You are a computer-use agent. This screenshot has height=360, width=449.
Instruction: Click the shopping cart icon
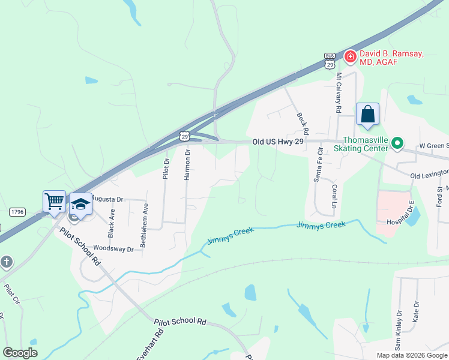pos(54,202)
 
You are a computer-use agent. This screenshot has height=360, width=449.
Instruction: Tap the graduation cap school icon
pos(80,203)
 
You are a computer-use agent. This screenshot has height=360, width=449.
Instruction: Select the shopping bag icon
pos(367,114)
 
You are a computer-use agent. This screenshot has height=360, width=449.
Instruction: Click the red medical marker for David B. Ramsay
pos(349,56)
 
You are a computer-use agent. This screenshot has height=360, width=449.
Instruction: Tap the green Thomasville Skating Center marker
pos(397,143)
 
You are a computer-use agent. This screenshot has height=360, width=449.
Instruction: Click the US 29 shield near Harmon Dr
pos(185,137)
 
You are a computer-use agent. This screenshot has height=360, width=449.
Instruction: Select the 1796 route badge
pos(17,211)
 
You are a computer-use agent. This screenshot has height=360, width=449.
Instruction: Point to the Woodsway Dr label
pos(113,248)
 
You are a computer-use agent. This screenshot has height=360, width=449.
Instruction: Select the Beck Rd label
pos(302,122)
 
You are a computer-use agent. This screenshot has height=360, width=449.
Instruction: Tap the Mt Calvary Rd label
pos(339,93)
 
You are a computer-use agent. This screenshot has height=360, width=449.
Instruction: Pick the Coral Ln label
pos(334,196)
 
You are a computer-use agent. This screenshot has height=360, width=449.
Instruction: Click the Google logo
pos(20,352)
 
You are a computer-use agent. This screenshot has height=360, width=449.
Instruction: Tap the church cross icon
pos(7,262)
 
